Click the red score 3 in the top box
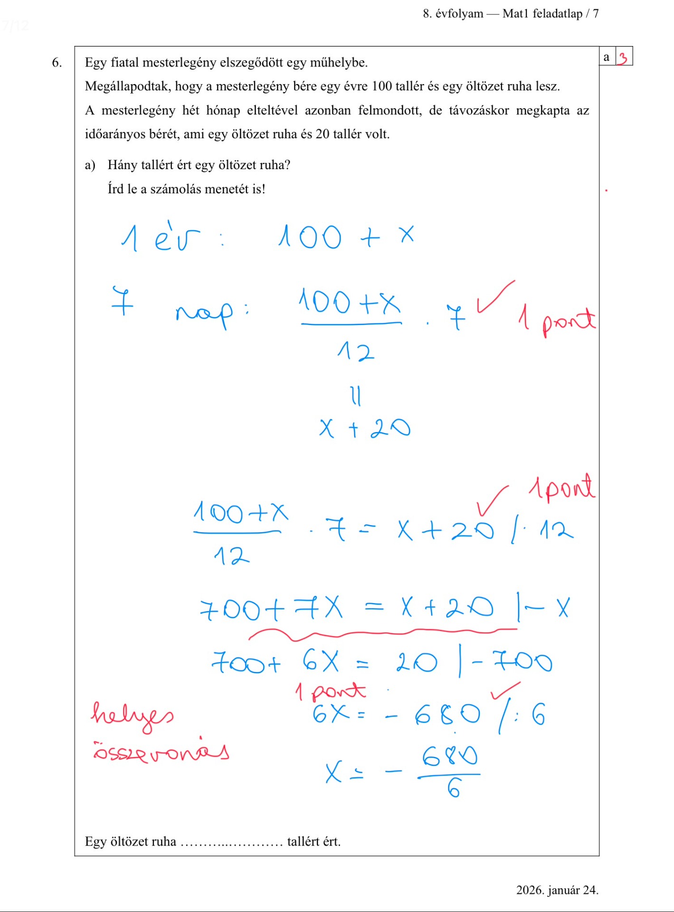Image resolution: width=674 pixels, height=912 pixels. (x=623, y=57)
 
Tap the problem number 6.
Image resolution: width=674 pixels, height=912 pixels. (x=57, y=63)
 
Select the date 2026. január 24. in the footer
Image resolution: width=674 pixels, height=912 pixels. (x=557, y=890)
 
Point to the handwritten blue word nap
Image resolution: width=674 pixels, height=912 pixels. (x=204, y=313)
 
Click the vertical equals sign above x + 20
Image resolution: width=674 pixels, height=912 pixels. (x=356, y=396)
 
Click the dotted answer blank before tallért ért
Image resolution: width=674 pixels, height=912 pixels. (x=231, y=842)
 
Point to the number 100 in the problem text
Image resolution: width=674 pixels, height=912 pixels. (x=381, y=86)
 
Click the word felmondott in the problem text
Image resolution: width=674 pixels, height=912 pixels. (x=389, y=111)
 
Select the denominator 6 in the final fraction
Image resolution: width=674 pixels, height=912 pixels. (x=454, y=789)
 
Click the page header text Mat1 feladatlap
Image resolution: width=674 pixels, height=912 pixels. (x=542, y=14)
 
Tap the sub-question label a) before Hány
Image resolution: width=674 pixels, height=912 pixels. (x=90, y=165)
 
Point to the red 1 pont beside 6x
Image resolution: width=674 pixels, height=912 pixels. (x=331, y=691)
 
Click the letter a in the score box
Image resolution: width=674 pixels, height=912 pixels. (x=606, y=57)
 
